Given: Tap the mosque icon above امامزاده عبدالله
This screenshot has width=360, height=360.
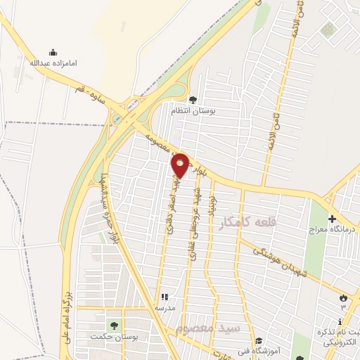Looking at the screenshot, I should (53, 52).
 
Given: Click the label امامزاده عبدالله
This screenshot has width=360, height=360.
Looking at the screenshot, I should (53, 63).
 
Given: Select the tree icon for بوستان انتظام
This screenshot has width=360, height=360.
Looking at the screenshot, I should (193, 99).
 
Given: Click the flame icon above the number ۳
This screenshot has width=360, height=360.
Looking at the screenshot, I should (343, 297).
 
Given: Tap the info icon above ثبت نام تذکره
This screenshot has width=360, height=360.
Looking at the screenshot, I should (341, 322).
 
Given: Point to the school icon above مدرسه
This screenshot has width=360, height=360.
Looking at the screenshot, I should (165, 297).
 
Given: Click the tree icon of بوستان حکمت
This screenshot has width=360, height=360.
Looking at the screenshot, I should (112, 324).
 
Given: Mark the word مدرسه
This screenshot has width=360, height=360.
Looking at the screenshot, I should (165, 308).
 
